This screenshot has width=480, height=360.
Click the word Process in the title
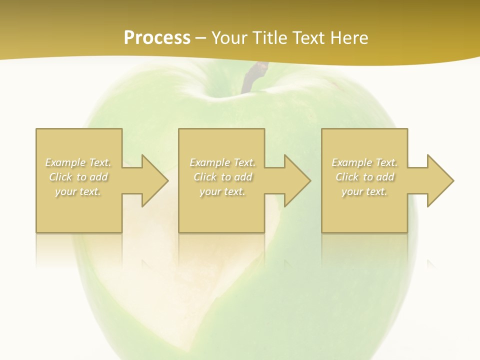click(157, 38)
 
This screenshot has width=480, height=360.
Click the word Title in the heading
click(268, 38)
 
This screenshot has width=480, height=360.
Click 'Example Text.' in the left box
click(78, 162)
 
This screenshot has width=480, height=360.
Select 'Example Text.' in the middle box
click(222, 162)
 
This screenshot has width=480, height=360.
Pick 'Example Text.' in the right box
click(364, 162)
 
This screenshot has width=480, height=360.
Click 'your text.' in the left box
click(78, 191)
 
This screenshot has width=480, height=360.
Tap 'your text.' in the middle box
click(222, 191)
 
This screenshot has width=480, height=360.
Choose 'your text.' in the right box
click(364, 191)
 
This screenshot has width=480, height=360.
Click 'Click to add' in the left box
click(78, 177)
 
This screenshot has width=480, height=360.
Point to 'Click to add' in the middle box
click(222, 177)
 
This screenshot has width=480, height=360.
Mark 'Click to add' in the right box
click(364, 177)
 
